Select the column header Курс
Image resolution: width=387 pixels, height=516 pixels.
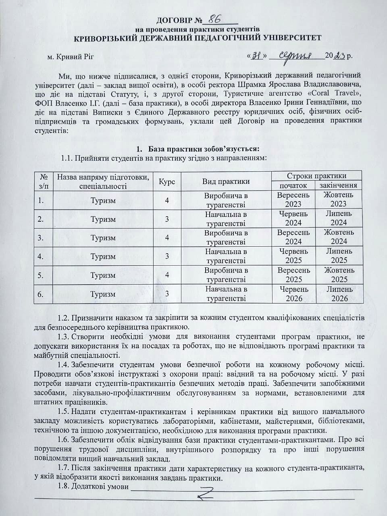167,181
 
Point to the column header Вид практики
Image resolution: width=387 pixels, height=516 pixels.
226,181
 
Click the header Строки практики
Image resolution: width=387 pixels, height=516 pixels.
316,176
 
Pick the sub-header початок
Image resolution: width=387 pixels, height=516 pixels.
293,185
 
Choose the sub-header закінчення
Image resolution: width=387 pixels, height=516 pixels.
339,185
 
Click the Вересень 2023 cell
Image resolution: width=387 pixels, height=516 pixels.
293,200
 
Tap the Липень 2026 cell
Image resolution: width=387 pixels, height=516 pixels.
339,294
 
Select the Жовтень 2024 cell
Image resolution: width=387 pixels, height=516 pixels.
339,237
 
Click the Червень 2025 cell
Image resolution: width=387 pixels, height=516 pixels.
293,256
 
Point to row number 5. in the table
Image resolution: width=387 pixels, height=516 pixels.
41,275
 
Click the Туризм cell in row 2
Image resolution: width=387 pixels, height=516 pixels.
103,219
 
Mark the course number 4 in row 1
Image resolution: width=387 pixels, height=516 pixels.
167,200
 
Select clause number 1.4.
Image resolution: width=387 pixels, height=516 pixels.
64,365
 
